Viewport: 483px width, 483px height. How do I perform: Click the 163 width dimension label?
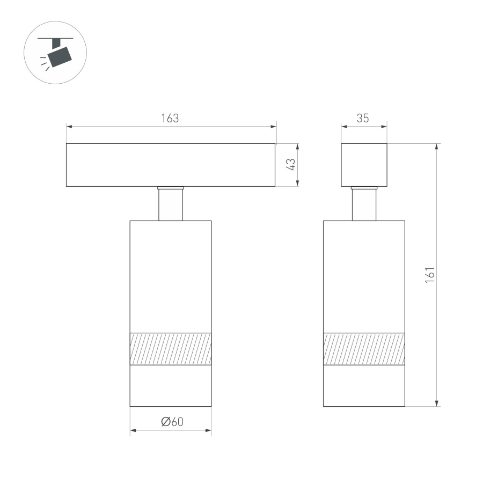[x=170, y=119]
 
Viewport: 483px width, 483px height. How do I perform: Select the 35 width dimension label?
[x=363, y=119]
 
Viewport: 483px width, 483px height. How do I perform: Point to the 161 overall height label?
[x=429, y=274]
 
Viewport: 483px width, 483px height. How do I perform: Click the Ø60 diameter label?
[x=172, y=422]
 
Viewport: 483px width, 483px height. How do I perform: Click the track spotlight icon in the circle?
[x=55, y=53]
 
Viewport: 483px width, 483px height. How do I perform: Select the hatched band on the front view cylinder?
[x=171, y=349]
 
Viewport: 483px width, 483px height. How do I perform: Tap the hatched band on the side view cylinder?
[x=364, y=349]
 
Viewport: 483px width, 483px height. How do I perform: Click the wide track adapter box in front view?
[x=171, y=165]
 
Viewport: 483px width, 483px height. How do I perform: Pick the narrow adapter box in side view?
[x=364, y=165]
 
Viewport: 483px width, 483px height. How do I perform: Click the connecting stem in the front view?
[x=171, y=205]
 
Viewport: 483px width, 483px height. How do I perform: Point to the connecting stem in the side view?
[x=364, y=205]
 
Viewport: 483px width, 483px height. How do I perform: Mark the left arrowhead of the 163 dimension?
[x=69, y=127]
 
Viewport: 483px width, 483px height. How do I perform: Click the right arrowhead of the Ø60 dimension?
[x=208, y=430]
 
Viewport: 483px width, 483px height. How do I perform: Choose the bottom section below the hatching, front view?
[x=171, y=386]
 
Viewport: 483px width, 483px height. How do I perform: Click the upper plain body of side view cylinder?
[x=364, y=276]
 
